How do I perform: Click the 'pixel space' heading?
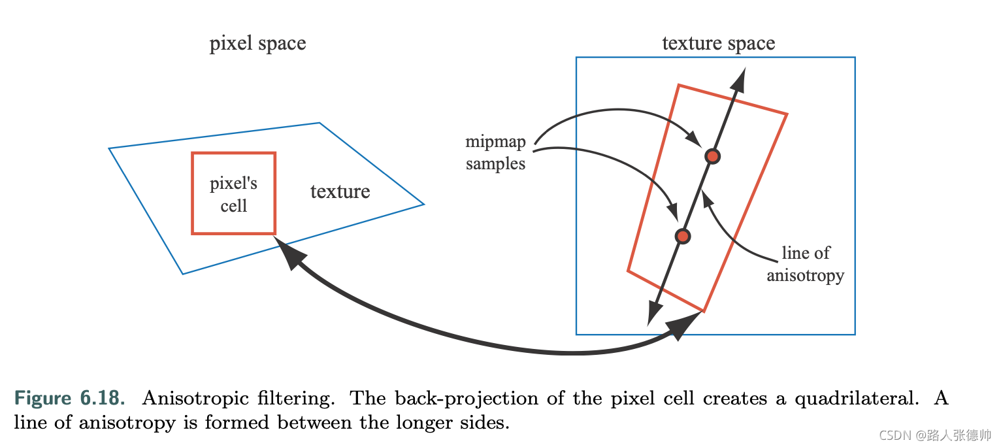click(257, 44)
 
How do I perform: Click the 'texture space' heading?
click(718, 44)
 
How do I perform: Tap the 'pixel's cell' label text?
click(233, 195)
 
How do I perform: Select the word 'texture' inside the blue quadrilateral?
click(340, 191)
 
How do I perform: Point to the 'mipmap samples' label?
click(495, 153)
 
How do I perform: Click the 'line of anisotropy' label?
click(805, 265)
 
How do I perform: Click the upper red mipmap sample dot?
click(712, 156)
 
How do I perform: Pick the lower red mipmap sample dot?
click(682, 236)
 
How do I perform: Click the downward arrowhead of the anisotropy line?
click(651, 315)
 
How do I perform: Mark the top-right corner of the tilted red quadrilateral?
click(786, 115)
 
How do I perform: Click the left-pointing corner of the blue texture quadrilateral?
click(110, 149)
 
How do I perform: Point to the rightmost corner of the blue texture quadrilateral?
click(423, 204)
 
